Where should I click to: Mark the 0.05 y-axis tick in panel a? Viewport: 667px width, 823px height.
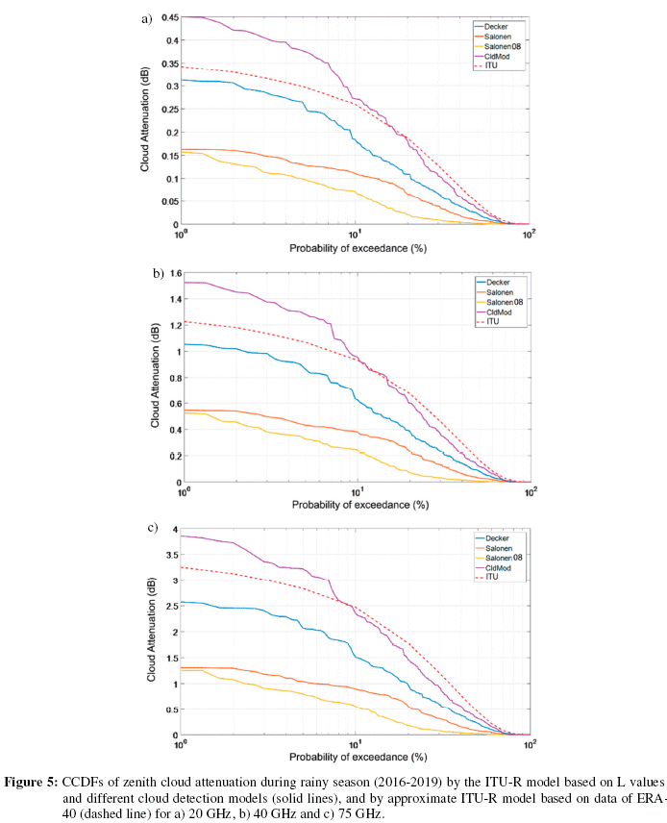click(165, 202)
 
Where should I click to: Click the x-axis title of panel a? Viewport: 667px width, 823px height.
click(355, 248)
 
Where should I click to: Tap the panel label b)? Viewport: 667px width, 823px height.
click(158, 273)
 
